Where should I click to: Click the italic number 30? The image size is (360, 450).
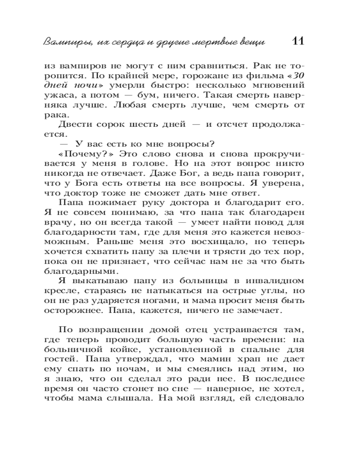[297, 76]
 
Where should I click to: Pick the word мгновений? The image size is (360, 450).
[275, 85]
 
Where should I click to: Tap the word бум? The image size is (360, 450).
[155, 95]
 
